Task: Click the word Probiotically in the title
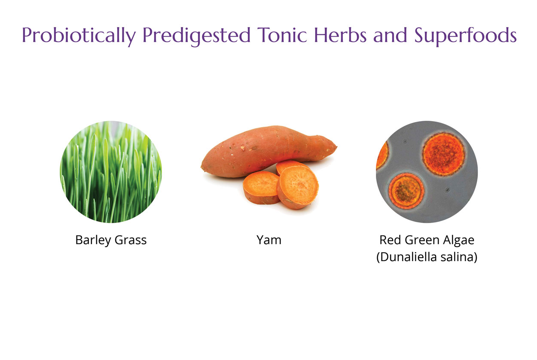(x=79, y=36)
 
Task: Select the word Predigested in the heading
(x=197, y=36)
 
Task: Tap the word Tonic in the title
(x=282, y=35)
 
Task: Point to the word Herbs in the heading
(x=340, y=34)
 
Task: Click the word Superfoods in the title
(x=466, y=36)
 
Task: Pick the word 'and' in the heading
(x=390, y=34)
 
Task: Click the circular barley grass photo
(x=111, y=172)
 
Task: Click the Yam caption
(x=269, y=240)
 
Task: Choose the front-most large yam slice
(x=298, y=187)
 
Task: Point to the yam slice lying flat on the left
(x=261, y=187)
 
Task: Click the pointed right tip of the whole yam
(x=336, y=146)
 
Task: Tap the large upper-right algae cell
(x=443, y=154)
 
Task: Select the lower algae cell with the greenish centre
(x=406, y=191)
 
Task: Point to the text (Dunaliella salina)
(x=427, y=257)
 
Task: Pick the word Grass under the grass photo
(x=131, y=240)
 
